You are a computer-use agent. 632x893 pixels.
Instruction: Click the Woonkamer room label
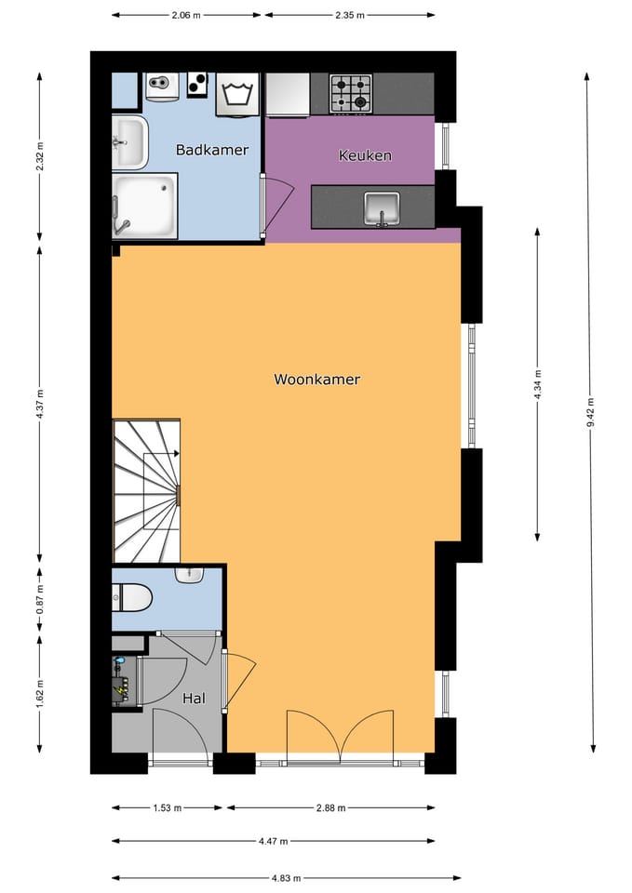pos(316,380)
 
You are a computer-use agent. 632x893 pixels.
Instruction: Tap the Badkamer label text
pos(212,149)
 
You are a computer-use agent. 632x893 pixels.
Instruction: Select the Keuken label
pos(364,155)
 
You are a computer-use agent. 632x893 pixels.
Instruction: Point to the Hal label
pos(194,698)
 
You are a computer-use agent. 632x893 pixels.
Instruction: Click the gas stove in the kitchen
pos(351,93)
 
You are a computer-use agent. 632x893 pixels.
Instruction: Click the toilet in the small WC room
pos(132,595)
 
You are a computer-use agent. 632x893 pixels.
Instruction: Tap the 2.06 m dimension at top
pos(186,16)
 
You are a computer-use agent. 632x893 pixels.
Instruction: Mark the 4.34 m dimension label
pos(538,384)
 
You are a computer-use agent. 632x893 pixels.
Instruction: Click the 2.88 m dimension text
pos(329,807)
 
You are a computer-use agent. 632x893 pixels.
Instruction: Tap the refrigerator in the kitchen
pos(287,96)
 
